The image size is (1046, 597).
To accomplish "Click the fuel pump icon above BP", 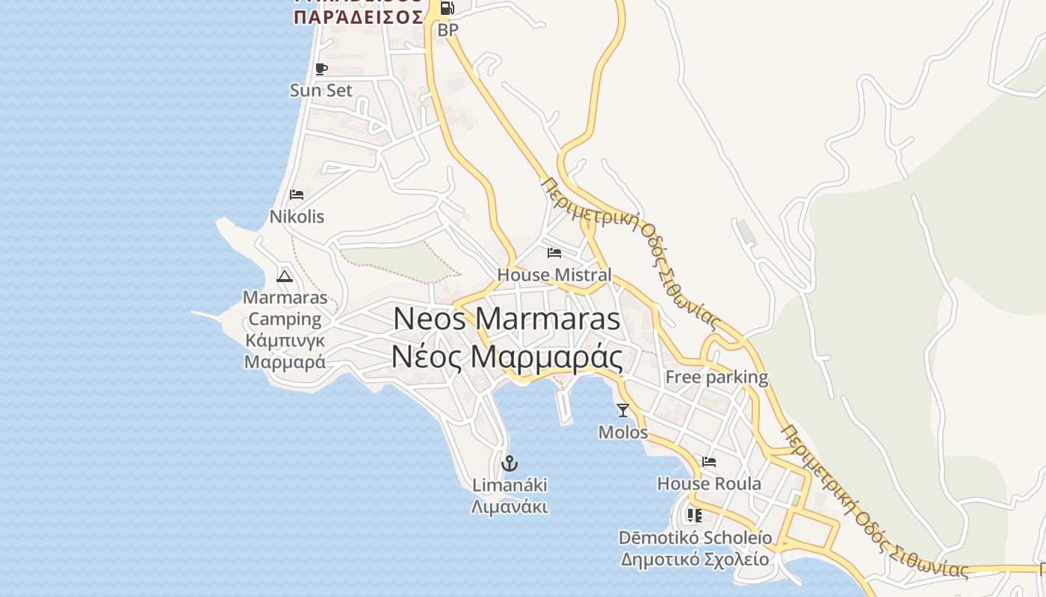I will [x=447, y=8].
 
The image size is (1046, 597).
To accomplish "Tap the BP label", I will [x=448, y=30].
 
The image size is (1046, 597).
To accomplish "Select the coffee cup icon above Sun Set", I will [x=321, y=69].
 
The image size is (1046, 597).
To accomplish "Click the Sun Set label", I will [x=321, y=90].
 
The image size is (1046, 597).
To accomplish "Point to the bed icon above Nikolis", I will [x=297, y=195].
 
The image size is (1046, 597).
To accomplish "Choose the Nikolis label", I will [x=297, y=216].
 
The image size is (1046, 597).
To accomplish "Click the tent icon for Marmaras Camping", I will [x=285, y=276].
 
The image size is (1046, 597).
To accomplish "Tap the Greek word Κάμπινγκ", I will [x=285, y=341].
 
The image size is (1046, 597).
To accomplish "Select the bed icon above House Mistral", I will [x=554, y=253].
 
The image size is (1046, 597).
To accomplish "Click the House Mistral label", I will [x=554, y=275].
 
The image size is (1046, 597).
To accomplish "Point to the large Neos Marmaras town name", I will [x=507, y=319].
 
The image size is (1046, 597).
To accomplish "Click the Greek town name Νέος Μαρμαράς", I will [x=507, y=357].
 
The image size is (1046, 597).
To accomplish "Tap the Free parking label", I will [x=717, y=377].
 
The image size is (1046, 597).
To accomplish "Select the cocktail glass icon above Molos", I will [x=623, y=410].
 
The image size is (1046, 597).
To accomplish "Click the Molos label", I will [x=623, y=432].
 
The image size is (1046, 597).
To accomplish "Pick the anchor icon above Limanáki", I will [x=510, y=463].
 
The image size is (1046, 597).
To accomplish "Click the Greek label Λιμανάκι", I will [x=510, y=507].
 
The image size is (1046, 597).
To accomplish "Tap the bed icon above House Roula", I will [x=709, y=462].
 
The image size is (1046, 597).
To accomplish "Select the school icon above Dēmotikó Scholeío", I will [x=695, y=516].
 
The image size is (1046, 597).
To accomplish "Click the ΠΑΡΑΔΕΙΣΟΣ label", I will [x=359, y=17].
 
